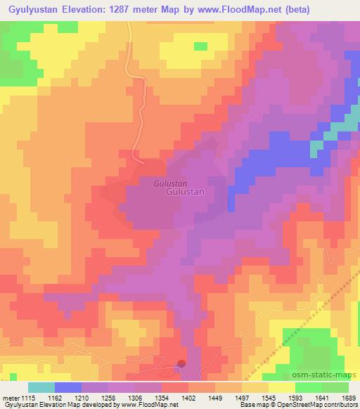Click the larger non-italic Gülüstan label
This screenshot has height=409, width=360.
185,191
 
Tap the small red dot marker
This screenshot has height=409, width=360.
181,363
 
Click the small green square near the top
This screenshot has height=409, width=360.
201,46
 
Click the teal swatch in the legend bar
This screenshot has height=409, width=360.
41,387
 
